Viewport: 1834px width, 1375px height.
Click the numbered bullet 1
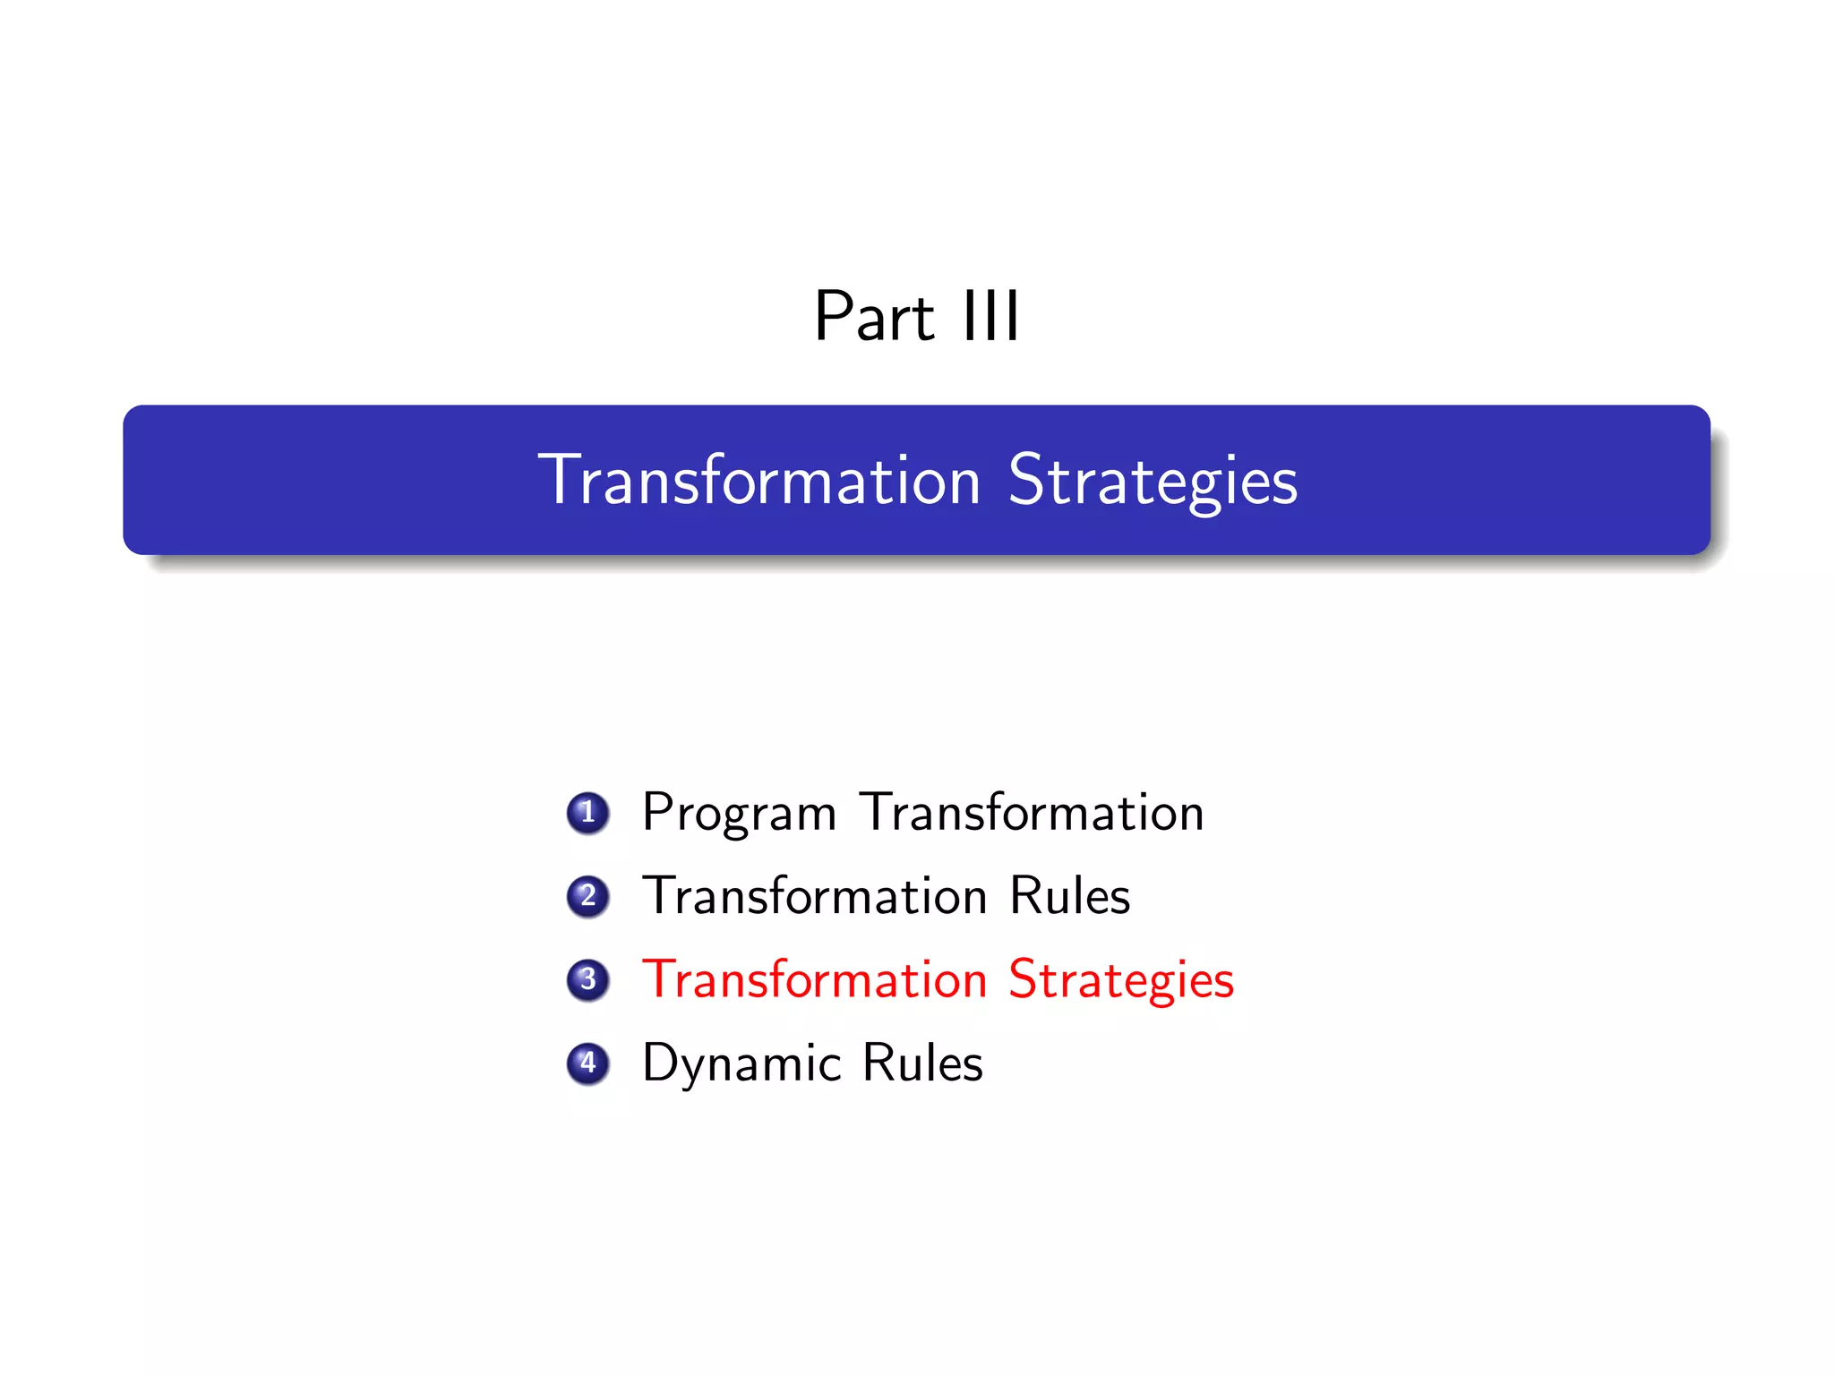click(587, 813)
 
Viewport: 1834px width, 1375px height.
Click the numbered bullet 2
click(587, 896)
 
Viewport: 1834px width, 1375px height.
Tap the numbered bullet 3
click(587, 979)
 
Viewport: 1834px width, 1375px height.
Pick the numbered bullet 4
click(587, 1063)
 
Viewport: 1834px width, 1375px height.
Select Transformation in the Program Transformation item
click(1032, 813)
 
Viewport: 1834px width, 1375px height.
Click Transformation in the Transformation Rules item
click(814, 896)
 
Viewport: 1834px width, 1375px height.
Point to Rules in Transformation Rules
click(1069, 896)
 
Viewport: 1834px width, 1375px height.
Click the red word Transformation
click(814, 979)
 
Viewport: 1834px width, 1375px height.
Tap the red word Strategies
click(1120, 979)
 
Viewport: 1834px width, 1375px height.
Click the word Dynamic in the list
click(741, 1064)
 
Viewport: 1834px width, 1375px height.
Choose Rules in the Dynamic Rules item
click(922, 1063)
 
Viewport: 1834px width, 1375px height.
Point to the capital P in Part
click(833, 317)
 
